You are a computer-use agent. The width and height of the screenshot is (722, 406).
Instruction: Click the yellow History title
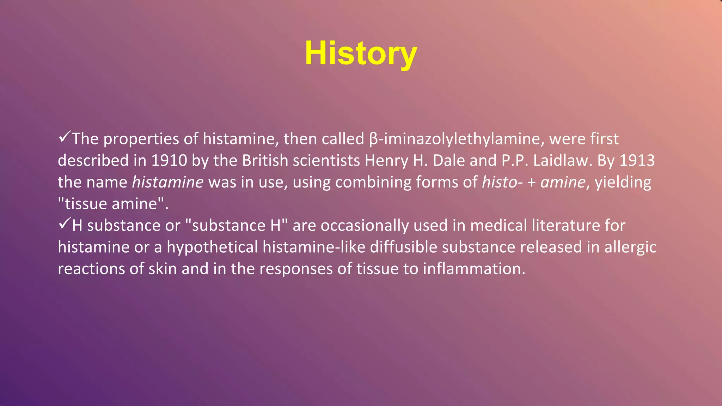tap(361, 54)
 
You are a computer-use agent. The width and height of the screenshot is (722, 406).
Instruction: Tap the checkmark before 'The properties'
tap(65, 137)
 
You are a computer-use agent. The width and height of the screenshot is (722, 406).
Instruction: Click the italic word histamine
tap(168, 182)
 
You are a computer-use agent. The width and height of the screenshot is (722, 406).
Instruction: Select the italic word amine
tap(563, 182)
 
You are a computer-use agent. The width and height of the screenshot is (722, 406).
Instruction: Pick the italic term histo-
tap(502, 182)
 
